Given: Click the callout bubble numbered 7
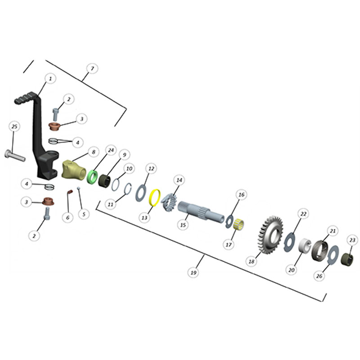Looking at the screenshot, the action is [92, 69].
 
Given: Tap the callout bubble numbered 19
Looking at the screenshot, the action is [193, 273].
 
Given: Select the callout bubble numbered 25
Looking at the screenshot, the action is [14, 126].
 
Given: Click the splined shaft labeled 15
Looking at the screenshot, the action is [201, 211].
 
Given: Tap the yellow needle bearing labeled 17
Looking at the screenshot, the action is [238, 224].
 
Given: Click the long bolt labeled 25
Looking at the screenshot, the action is [15, 156].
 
